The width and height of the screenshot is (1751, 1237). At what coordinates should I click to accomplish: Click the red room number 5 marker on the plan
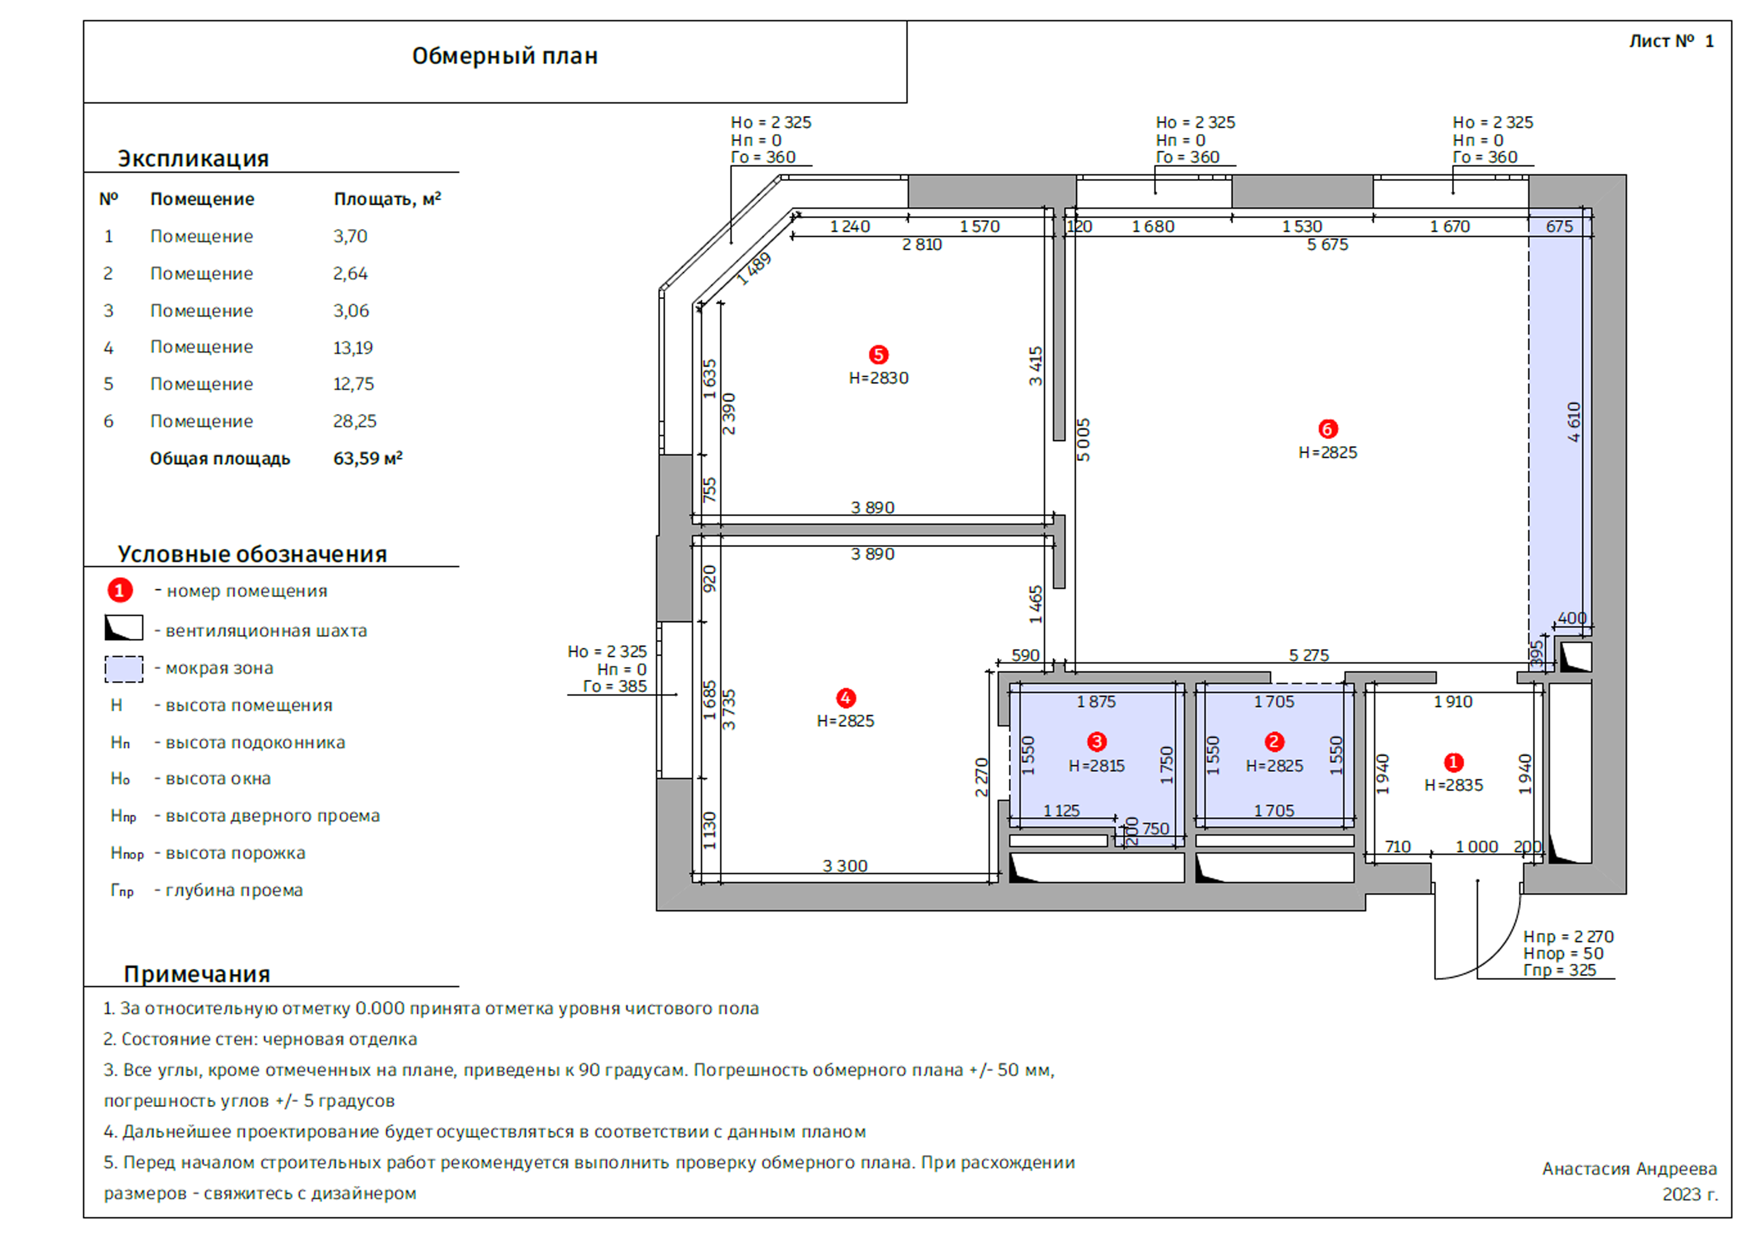879,355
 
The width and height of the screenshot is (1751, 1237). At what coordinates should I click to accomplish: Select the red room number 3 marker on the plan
1097,741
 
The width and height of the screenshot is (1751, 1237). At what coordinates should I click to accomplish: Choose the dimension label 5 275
1309,655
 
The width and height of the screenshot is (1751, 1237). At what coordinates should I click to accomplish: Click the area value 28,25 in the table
355,421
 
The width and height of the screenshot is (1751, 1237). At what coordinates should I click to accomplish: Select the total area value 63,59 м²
367,458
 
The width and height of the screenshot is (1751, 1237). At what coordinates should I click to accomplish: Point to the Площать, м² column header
387,199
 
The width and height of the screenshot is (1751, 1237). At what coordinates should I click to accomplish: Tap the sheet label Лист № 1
1671,41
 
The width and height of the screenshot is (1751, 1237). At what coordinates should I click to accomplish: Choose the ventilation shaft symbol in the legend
124,628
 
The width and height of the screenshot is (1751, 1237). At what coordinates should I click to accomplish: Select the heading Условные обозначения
252,554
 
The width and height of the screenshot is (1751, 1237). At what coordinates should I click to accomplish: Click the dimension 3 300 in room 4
845,866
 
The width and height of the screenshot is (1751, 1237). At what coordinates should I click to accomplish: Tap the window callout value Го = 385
615,686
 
